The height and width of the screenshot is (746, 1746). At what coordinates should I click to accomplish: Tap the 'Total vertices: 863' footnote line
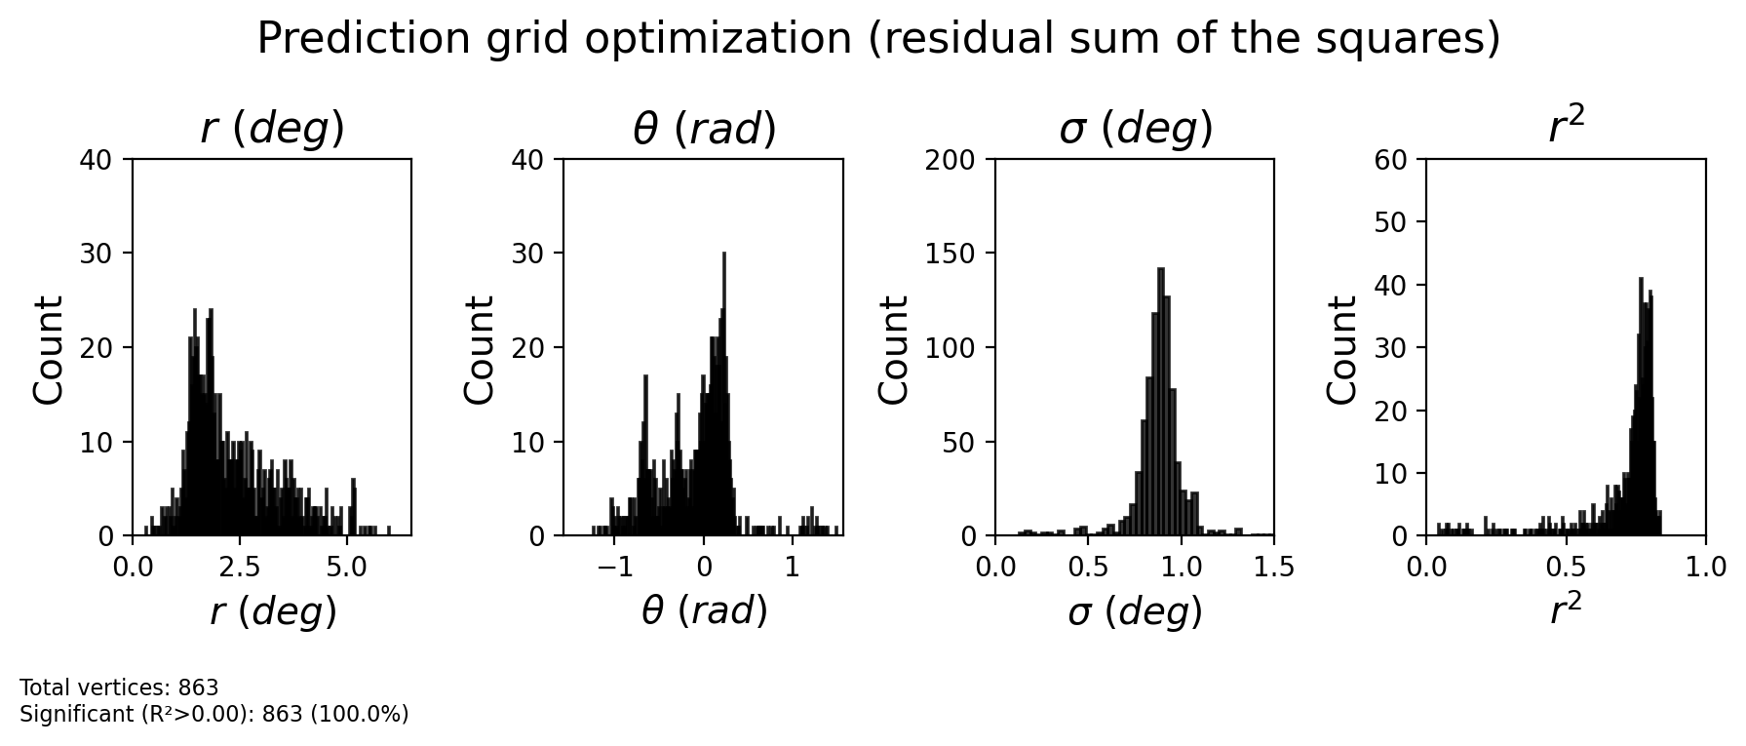pyautogui.click(x=119, y=688)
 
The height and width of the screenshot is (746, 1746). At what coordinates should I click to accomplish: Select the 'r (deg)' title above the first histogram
pyautogui.click(x=272, y=130)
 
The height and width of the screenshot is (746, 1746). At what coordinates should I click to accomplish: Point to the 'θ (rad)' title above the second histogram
pyautogui.click(x=704, y=130)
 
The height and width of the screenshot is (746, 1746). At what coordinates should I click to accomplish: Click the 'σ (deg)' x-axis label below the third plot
pyautogui.click(x=1135, y=612)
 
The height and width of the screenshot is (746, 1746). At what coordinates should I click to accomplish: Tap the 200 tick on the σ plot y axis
pyautogui.click(x=950, y=159)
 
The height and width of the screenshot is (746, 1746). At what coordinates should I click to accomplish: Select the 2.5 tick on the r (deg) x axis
pyautogui.click(x=240, y=568)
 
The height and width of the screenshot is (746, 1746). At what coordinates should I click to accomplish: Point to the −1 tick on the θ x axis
pyautogui.click(x=615, y=568)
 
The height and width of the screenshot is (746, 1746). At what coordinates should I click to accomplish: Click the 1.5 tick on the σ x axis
pyautogui.click(x=1273, y=568)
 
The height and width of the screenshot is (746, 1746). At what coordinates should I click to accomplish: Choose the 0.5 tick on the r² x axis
pyautogui.click(x=1566, y=568)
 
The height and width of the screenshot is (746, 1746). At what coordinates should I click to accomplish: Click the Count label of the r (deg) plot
pyautogui.click(x=49, y=348)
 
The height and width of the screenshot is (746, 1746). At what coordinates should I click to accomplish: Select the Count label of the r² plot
pyautogui.click(x=1342, y=348)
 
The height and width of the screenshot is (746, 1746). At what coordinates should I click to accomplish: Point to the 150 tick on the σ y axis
pyautogui.click(x=950, y=254)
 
